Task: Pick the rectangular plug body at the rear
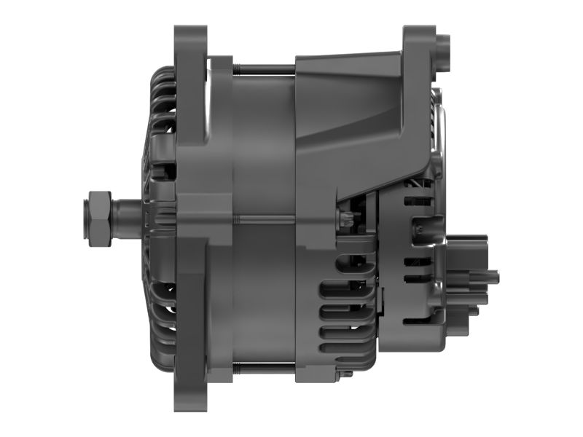click(x=466, y=269)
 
